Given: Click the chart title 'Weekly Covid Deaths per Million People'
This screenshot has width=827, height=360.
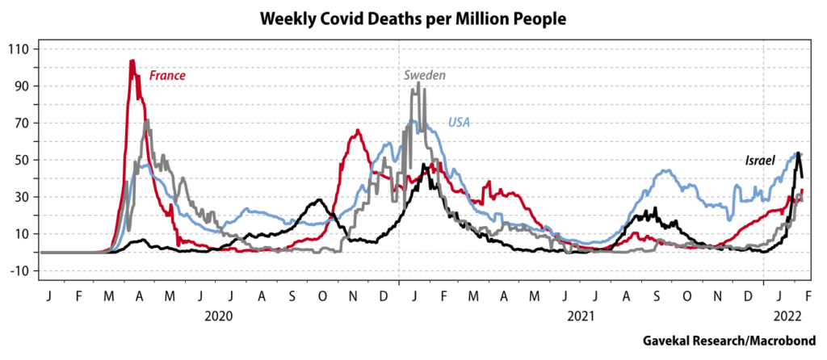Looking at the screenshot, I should click(413, 17).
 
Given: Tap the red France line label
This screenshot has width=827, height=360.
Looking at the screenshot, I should click(168, 76).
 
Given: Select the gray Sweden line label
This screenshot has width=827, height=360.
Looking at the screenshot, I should click(425, 75).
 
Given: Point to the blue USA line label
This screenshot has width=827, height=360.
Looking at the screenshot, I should click(460, 123).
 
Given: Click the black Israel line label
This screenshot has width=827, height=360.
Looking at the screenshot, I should click(759, 161).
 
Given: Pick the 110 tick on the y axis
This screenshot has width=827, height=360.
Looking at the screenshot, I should click(18, 49).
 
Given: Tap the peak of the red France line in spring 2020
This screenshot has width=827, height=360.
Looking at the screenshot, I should click(132, 61).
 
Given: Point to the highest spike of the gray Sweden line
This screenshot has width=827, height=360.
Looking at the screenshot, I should click(418, 82).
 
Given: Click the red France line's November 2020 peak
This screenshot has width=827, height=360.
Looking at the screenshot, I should click(356, 131).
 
